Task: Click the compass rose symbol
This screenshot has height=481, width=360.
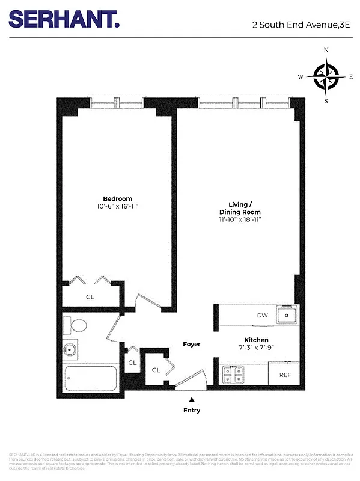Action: pyautogui.click(x=326, y=77)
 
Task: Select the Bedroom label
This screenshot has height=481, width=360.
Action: pyautogui.click(x=117, y=199)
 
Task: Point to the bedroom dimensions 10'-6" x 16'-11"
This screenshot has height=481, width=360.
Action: pyautogui.click(x=117, y=206)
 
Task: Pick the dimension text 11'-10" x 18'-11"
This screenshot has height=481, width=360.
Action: pyautogui.click(x=239, y=219)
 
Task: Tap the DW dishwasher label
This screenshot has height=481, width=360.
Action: pyautogui.click(x=262, y=315)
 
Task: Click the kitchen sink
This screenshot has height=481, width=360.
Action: pyautogui.click(x=287, y=314)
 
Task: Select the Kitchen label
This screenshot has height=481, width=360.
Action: pyautogui.click(x=255, y=340)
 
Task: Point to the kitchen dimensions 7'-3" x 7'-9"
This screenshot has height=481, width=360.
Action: pyautogui.click(x=255, y=348)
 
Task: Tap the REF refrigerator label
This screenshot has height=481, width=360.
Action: pyautogui.click(x=285, y=375)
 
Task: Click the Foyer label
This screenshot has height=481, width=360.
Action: pyautogui.click(x=192, y=344)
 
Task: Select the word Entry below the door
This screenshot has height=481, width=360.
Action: pyautogui.click(x=192, y=411)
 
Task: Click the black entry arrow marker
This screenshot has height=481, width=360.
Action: pyautogui.click(x=192, y=399)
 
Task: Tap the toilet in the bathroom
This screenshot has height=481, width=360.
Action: pyautogui.click(x=77, y=325)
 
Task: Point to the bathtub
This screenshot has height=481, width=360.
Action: pyautogui.click(x=90, y=379)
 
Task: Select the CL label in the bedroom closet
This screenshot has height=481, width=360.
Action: pyautogui.click(x=90, y=296)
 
